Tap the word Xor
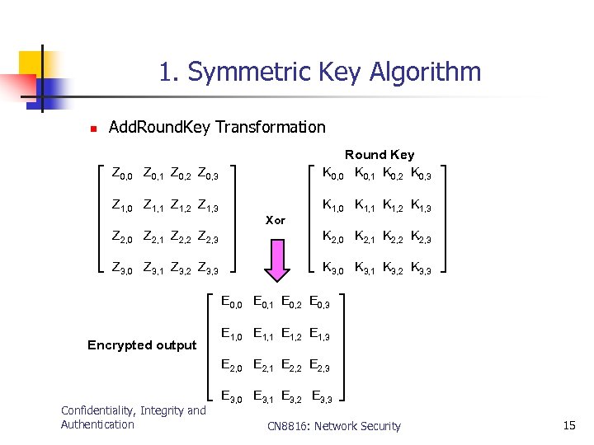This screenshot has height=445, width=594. pyautogui.click(x=276, y=220)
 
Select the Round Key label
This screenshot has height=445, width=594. pyautogui.click(x=379, y=154)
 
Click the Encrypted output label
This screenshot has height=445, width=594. pyautogui.click(x=142, y=344)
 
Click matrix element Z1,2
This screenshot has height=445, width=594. pyautogui.click(x=181, y=206)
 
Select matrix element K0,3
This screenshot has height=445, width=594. pyautogui.click(x=421, y=174)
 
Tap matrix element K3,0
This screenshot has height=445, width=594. pyautogui.click(x=333, y=268)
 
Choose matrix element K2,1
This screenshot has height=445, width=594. pyautogui.click(x=365, y=237)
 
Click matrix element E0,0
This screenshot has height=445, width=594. pyautogui.click(x=232, y=302)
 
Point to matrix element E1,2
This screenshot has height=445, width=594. pyautogui.click(x=292, y=335)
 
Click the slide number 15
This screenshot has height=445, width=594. pyautogui.click(x=568, y=425)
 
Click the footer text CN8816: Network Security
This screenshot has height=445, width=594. pyautogui.click(x=334, y=426)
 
